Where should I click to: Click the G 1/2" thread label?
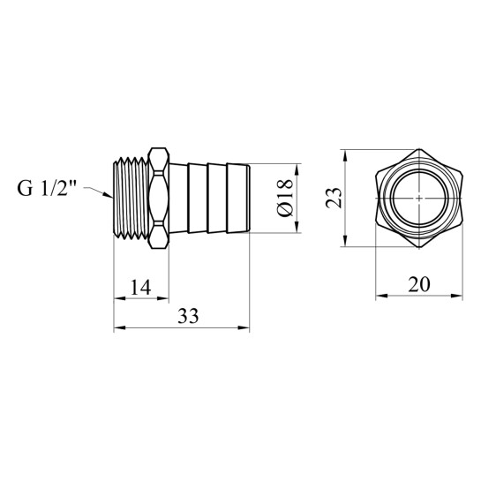point(46,189)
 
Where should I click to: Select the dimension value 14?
point(141,288)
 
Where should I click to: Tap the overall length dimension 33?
point(188,316)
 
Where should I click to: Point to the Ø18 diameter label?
point(285,198)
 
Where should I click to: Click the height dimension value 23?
point(334,198)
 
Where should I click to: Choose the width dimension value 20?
point(419,284)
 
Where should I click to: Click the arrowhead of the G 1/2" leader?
point(108,195)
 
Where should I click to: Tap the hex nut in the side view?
point(159,199)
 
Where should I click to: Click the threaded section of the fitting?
point(132,199)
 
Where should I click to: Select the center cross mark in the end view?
point(419,199)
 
